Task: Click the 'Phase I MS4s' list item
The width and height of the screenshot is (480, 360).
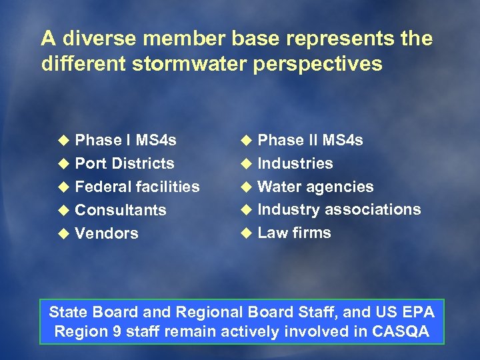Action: (125, 140)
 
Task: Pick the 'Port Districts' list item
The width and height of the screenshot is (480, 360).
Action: (125, 163)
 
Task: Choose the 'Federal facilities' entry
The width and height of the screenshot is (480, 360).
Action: (137, 187)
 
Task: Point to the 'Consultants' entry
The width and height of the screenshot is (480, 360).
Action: (121, 210)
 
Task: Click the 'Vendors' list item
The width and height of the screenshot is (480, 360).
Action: (107, 233)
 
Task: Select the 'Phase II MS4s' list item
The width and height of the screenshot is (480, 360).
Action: (310, 140)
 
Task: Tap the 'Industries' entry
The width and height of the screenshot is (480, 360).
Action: (295, 163)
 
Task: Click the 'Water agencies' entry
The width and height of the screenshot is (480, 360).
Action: (315, 187)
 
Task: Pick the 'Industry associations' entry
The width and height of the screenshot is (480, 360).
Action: (339, 209)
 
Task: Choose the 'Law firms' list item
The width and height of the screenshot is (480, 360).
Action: (294, 233)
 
